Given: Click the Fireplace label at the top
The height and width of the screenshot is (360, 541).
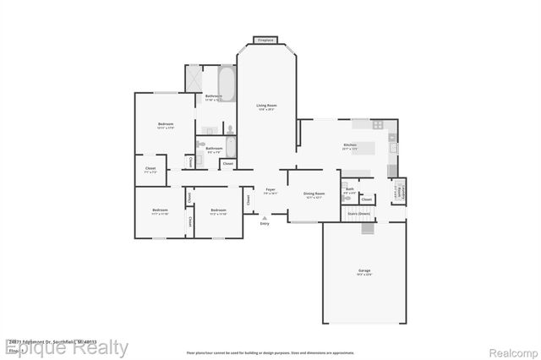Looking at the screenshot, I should [266, 40].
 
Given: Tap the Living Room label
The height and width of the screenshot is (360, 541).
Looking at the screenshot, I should [266, 106].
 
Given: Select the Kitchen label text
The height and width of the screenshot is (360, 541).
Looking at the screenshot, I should [349, 145].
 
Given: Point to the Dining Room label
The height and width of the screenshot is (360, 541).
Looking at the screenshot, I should [314, 194].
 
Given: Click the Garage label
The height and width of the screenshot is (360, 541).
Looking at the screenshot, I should [363, 270].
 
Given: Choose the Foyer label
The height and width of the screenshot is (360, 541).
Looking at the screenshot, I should [270, 189].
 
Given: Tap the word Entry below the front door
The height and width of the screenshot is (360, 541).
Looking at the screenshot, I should [265, 223].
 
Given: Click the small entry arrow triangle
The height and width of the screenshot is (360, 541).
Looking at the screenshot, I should [265, 217].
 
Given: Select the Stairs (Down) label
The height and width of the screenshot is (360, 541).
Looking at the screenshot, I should [359, 214].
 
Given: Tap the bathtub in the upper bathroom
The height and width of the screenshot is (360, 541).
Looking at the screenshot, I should [227, 81].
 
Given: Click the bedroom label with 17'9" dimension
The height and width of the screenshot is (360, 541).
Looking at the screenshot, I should [166, 125].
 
